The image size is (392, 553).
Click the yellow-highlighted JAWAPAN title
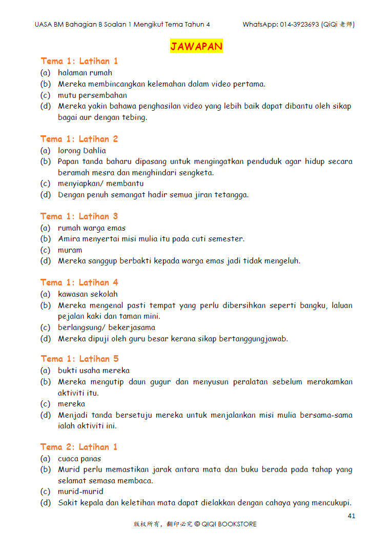196,47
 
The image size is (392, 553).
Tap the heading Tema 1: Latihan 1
79,61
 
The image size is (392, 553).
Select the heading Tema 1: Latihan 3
79,216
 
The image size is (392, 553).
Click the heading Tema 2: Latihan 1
79,447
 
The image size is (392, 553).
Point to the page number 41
351,516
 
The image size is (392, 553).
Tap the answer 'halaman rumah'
85,73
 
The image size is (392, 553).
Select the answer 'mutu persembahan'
92,95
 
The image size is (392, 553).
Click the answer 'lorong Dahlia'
82,151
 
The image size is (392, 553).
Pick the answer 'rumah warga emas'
92,228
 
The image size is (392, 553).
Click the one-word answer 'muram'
70,250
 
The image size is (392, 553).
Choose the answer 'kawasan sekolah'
88,294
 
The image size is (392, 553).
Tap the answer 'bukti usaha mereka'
94,371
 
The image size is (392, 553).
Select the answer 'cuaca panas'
79,459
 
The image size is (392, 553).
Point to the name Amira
69,239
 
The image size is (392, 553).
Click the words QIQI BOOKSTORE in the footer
229,524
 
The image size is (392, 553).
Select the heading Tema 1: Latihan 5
79,359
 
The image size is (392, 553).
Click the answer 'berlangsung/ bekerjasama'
107,327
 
